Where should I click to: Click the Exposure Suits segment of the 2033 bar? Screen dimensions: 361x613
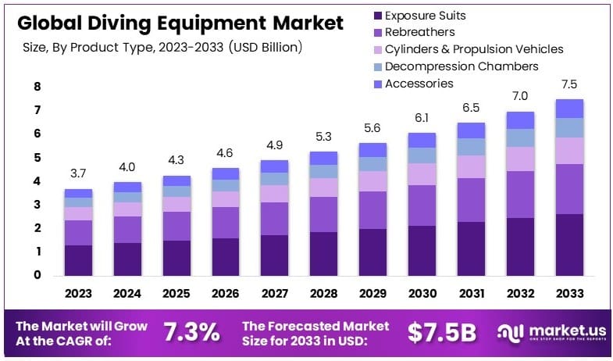coord(569,244)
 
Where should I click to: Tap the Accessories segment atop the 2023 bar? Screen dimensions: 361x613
coord(78,193)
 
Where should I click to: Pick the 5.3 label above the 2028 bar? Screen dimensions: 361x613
coord(323,138)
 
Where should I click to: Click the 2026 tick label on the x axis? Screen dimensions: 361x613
coord(226,294)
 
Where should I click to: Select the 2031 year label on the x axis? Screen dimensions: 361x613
coord(471,294)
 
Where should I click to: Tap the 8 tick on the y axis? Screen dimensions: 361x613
coord(37,87)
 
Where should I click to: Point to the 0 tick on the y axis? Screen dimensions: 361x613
coord(37,275)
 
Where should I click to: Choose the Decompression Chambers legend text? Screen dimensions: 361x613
coord(462,66)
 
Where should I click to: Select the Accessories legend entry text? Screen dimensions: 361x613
coord(419,84)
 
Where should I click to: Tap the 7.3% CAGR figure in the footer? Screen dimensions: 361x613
coord(191,332)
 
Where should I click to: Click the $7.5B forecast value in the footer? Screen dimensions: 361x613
coord(441,332)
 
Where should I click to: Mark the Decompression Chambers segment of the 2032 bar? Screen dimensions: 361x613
coord(520,138)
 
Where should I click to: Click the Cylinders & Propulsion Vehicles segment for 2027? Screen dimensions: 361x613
coord(274,193)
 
